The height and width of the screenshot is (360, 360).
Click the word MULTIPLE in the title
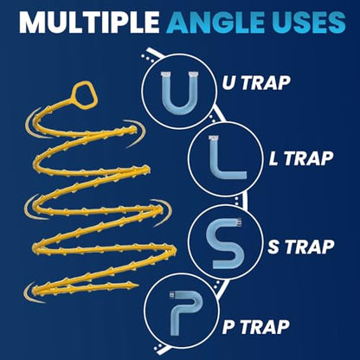[89, 22]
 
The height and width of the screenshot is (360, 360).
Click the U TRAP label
[256, 83]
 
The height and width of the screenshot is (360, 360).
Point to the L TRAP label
[301, 158]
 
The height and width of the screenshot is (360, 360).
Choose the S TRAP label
[301, 247]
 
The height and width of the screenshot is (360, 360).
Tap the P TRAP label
[256, 327]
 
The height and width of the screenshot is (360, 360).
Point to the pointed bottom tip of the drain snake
[138, 286]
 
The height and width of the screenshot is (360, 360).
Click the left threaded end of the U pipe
[165, 74]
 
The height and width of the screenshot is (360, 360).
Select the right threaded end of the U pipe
[194, 74]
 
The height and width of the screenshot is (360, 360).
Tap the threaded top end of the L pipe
[214, 138]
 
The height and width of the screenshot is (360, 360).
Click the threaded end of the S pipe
[239, 222]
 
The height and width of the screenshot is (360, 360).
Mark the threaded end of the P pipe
[172, 294]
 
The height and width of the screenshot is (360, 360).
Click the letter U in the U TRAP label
[229, 83]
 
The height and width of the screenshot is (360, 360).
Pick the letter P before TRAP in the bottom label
[228, 327]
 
